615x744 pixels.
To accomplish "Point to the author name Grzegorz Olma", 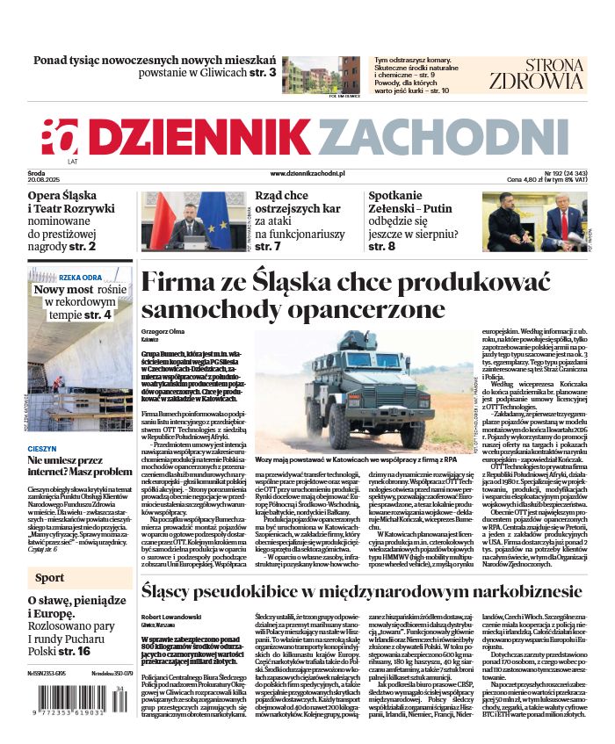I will point(164,330).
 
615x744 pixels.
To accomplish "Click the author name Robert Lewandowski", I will point(171,617).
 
